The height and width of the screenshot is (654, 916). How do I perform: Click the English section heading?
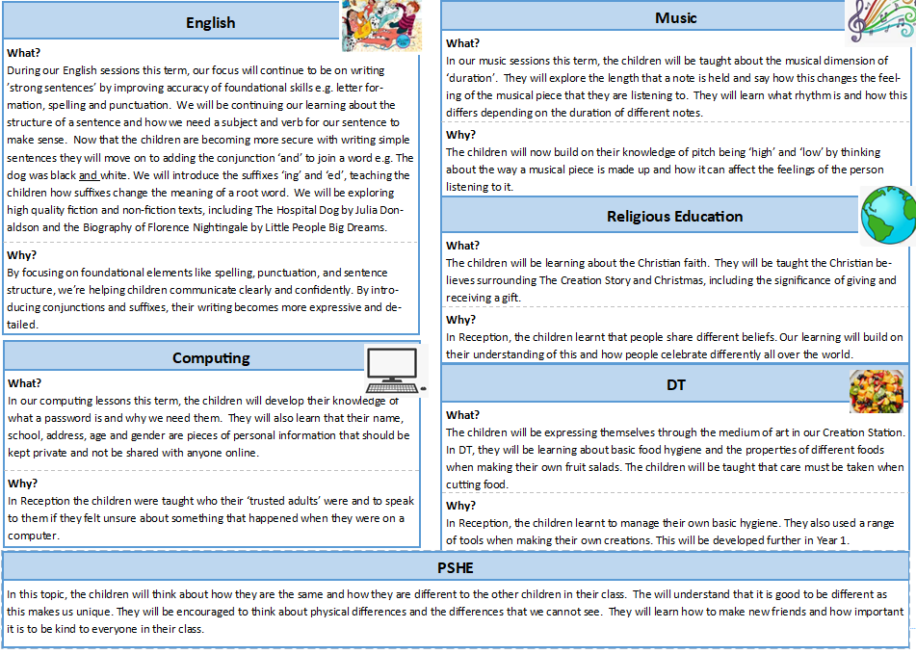pyautogui.click(x=210, y=23)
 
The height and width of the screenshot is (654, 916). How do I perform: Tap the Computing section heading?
pyautogui.click(x=211, y=358)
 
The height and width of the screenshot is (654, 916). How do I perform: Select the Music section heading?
pyautogui.click(x=675, y=18)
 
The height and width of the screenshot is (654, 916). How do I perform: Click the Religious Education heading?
pyautogui.click(x=674, y=217)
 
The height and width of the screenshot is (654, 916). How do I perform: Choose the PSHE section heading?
pyautogui.click(x=457, y=567)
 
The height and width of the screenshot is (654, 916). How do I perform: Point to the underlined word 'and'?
pyautogui.click(x=89, y=176)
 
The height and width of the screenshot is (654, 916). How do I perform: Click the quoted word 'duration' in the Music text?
pyautogui.click(x=473, y=78)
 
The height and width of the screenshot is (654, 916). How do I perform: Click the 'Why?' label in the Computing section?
pyautogui.click(x=23, y=484)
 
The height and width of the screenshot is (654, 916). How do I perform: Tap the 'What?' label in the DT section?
pyautogui.click(x=462, y=415)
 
